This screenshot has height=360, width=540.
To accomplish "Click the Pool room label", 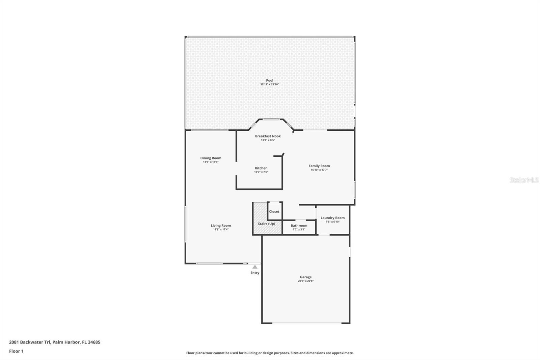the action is coord(270,80).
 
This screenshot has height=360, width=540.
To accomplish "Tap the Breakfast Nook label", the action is coord(268,136).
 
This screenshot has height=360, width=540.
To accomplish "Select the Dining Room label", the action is coord(211,158).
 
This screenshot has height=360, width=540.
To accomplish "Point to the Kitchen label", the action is coord(261,168).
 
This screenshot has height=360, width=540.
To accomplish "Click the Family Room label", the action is coord(319,166).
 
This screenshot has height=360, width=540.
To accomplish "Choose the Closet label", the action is coord(274,212).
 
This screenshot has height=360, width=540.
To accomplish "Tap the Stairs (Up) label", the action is coord(266,224).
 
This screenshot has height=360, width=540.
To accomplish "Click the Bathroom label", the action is coord(299,226).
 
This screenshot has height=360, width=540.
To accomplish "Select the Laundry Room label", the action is coord(333,218).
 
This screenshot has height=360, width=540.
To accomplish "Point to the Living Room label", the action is coord(221,226).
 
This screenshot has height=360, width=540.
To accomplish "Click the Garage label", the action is coord(306,277).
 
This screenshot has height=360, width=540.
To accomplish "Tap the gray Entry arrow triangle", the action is coord(255,267).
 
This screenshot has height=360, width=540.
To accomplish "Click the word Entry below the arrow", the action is coord(255,273).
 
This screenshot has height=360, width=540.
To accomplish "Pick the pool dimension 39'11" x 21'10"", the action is coord(270,84).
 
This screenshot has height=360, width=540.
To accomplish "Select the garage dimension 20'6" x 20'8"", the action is coord(306,281).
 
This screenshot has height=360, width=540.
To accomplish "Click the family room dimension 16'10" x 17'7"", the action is coord(319,170).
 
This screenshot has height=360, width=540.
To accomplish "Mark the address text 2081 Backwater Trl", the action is coord(30,342).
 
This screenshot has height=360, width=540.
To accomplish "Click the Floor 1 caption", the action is coord(17,351).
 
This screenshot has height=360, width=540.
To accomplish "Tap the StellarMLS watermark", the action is coord(524,180).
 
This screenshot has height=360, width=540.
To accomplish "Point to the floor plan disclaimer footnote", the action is coord(270,353).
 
